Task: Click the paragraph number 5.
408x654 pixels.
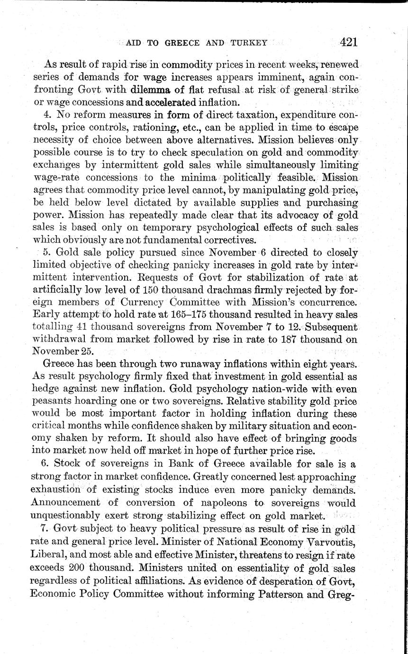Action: (x=46, y=252)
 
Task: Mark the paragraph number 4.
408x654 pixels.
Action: (x=46, y=114)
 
